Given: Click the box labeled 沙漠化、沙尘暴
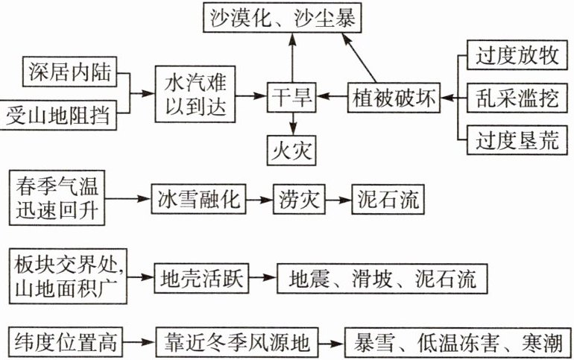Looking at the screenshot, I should click(282, 16).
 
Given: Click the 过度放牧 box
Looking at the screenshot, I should click(517, 55).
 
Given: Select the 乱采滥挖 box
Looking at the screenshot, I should click(517, 97).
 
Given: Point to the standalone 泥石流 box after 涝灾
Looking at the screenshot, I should click(386, 199).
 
